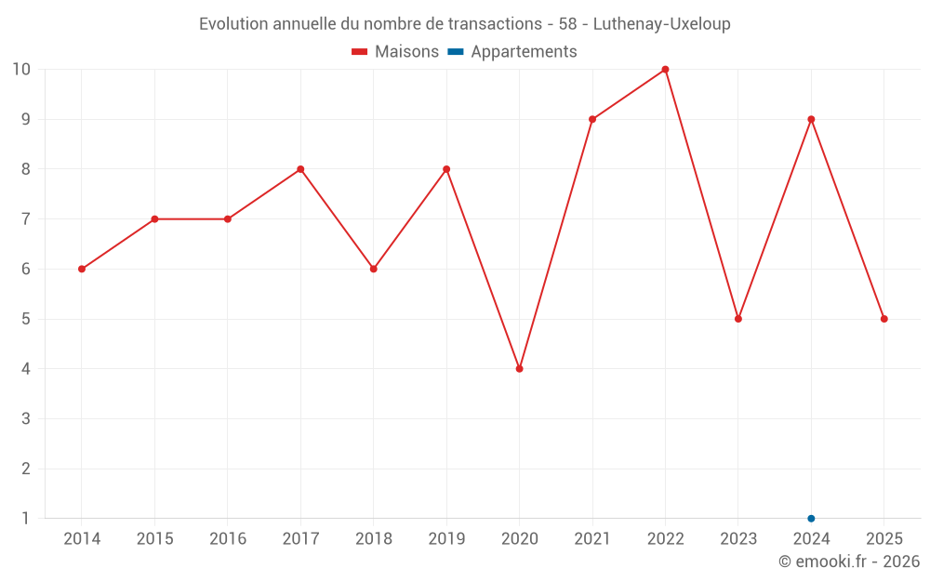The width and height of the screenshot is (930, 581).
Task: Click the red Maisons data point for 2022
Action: point(665,70)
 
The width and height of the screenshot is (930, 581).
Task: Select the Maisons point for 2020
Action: point(519,369)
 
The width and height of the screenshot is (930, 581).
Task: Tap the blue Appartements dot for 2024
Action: point(811,519)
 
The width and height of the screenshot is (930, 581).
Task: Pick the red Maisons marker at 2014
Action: point(82,270)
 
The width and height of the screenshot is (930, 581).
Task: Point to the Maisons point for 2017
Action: point(300,169)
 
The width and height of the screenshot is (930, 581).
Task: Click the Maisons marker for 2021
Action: point(592,119)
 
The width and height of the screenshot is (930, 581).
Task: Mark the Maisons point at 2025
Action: point(883,319)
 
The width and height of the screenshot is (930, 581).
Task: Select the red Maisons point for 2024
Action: point(811,119)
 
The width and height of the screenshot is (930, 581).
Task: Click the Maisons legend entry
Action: point(395,52)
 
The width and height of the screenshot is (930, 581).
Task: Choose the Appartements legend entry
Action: point(512,52)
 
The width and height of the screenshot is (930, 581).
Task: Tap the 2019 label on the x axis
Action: point(446,539)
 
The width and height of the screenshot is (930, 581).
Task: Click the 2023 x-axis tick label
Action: point(738,539)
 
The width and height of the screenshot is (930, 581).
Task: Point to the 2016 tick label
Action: point(228,539)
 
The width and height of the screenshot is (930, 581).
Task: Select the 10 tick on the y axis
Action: point(21,70)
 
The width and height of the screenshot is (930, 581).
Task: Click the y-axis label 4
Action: point(26,369)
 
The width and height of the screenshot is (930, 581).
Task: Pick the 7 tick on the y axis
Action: point(26,219)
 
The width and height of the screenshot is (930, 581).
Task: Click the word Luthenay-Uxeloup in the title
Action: point(661,24)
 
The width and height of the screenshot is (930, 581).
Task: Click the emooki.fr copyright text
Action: point(849,561)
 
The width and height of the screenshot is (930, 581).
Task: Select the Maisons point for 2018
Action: point(373,270)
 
